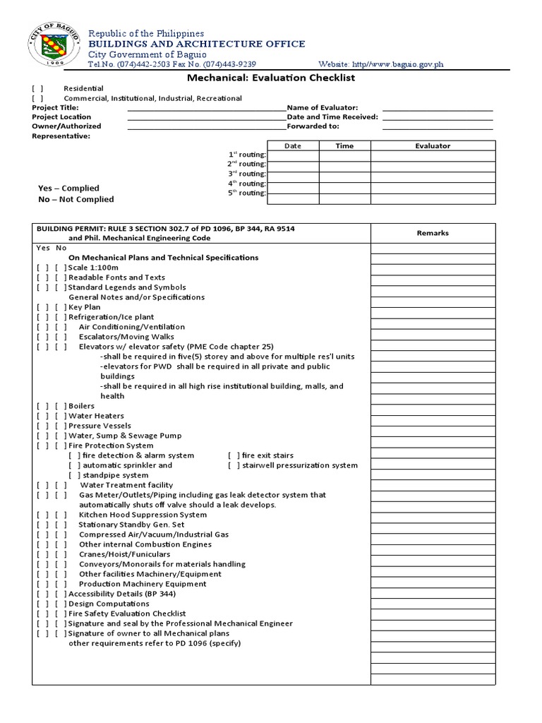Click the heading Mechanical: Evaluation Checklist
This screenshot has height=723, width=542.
[x=270, y=78]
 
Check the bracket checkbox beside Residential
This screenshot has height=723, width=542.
[x=37, y=89]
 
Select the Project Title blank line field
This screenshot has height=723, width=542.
[x=206, y=108]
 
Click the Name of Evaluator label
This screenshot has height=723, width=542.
[x=323, y=107]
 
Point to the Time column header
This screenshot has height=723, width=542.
[x=344, y=146]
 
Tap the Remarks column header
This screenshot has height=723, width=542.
[x=433, y=233]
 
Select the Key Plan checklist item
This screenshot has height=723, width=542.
[x=84, y=307]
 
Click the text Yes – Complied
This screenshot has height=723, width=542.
[x=68, y=189]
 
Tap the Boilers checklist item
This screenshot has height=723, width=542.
[x=81, y=407]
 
